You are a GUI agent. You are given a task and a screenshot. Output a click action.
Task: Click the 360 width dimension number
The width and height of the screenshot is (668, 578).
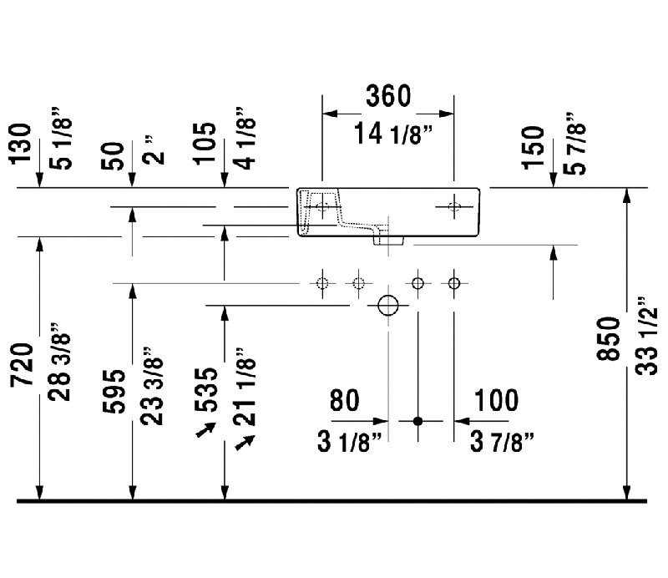tap(388, 95)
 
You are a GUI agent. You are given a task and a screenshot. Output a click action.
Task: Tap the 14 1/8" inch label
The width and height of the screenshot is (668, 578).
tap(393, 134)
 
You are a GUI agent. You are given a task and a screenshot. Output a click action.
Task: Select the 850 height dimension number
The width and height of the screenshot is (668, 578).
tap(608, 339)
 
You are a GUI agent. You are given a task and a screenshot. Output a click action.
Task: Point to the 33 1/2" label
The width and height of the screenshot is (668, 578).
tap(646, 336)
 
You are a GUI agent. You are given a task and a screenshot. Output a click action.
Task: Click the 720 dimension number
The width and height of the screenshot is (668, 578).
tap(22, 365)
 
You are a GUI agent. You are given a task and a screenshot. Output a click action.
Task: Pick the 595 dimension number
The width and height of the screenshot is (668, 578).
tap(114, 391)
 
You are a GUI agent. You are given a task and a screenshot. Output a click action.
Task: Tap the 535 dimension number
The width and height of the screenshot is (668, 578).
tap(205, 389)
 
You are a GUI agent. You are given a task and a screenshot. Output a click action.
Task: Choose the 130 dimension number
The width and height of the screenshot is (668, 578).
tap(20, 143)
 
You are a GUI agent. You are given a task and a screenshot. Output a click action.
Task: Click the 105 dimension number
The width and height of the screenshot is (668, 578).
tap(205, 143)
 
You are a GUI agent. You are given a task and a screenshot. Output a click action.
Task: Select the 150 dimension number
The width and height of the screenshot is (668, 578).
tap(533, 148)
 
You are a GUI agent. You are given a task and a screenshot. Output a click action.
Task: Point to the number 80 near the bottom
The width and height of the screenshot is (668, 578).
tap(344, 400)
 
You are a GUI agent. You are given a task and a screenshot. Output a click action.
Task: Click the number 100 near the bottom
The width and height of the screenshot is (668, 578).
tap(496, 400)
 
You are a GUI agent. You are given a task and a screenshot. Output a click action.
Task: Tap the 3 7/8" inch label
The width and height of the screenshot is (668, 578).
tap(502, 441)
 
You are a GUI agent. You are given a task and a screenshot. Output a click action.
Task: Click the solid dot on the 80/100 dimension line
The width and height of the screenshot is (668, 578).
tap(418, 421)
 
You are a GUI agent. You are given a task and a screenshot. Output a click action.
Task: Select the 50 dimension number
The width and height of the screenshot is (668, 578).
tap(113, 155)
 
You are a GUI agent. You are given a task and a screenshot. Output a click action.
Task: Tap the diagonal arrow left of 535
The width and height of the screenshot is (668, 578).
tap(205, 429)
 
